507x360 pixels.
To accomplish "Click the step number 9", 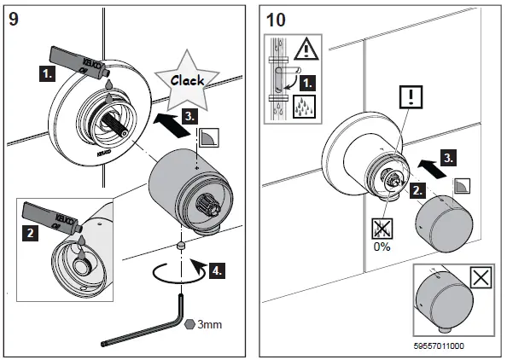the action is pyautogui.click(x=14, y=19).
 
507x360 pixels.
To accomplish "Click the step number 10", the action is pyautogui.click(x=276, y=20).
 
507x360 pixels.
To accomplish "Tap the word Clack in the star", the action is pyautogui.click(x=187, y=80).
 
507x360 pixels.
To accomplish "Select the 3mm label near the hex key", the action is pyautogui.click(x=209, y=324).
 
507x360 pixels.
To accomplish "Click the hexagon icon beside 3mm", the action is pyautogui.click(x=189, y=324).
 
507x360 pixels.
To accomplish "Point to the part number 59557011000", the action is pyautogui.click(x=439, y=346).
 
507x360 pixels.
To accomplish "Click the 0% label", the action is pyautogui.click(x=382, y=247).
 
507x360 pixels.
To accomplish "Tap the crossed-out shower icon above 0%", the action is pyautogui.click(x=382, y=229).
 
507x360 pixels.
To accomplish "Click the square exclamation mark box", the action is pyautogui.click(x=411, y=97).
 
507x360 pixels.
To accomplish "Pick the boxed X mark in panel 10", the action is pyautogui.click(x=481, y=277).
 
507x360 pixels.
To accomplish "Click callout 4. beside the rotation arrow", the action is pyautogui.click(x=217, y=270).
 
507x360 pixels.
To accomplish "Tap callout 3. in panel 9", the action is pyautogui.click(x=189, y=116).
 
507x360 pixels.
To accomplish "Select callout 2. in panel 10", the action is pyautogui.click(x=417, y=190).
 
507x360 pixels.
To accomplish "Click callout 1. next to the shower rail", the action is pyautogui.click(x=307, y=84).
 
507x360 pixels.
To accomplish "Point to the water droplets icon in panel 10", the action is pyautogui.click(x=304, y=107).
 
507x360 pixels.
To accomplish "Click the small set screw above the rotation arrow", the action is pyautogui.click(x=181, y=245).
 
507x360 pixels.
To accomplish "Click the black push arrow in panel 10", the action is pyautogui.click(x=432, y=169).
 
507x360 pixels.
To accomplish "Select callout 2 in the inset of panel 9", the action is pyautogui.click(x=31, y=233).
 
